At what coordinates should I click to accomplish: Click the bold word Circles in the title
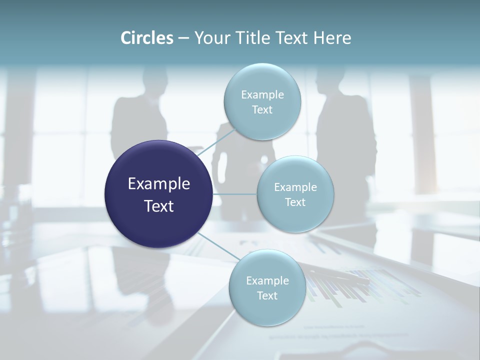tap(147, 38)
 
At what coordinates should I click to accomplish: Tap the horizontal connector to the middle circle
tap(234, 194)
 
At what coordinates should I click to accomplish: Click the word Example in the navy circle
tap(159, 184)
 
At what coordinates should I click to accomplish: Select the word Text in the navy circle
tap(159, 206)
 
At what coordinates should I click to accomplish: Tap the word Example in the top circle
tap(262, 94)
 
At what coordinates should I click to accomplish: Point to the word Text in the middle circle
tap(295, 202)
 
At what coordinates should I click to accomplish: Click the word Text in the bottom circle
tap(267, 295)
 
